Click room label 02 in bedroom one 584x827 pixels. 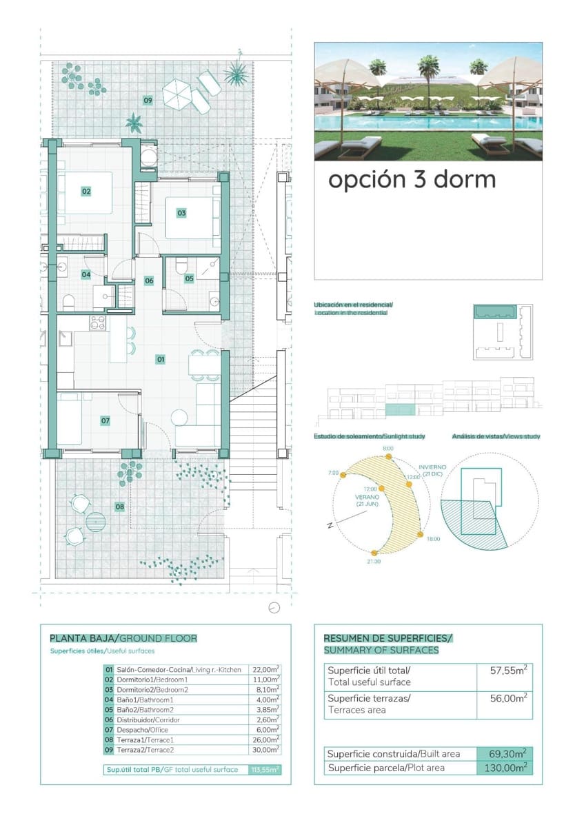(x=86, y=191)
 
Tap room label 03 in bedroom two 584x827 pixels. (x=181, y=213)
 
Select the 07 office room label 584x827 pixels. (x=105, y=420)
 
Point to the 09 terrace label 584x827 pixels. (x=148, y=101)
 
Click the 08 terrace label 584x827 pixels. (x=120, y=507)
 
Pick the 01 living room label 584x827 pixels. (x=161, y=359)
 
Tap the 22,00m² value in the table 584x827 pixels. (x=267, y=669)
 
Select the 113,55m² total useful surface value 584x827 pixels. (x=265, y=770)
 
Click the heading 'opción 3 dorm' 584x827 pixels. (x=412, y=179)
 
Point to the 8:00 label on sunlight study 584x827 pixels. (x=388, y=449)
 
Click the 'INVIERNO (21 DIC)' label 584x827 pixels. (x=432, y=470)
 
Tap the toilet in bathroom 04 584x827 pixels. (x=68, y=301)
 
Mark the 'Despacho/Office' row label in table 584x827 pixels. (x=142, y=730)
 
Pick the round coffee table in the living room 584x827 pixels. (x=179, y=418)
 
